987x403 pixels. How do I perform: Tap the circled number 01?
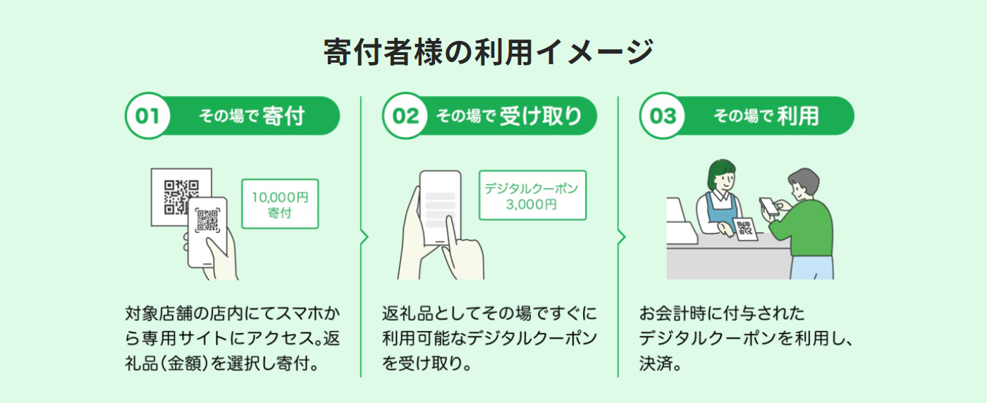tap(147, 116)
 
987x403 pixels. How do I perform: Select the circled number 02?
tap(405, 116)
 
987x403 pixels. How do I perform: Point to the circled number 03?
tap(663, 116)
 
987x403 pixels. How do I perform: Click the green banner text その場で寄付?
tap(252, 116)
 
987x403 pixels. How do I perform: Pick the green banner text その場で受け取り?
tap(508, 116)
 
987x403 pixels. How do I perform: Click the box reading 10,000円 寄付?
tap(280, 203)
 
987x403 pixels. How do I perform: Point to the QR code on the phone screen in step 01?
tap(207, 221)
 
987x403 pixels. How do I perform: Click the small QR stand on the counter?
tap(744, 228)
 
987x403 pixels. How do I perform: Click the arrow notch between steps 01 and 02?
tap(364, 237)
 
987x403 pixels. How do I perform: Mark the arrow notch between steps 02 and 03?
tap(622, 237)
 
